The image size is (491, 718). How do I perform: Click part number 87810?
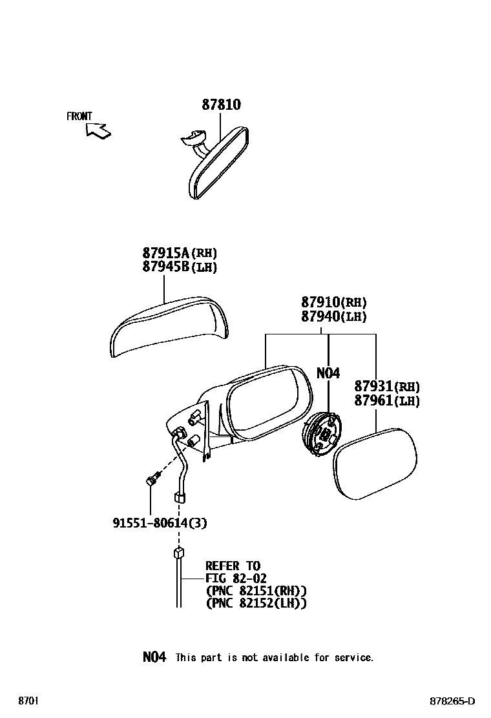(x=221, y=105)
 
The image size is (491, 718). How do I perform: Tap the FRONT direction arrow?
(x=98, y=130)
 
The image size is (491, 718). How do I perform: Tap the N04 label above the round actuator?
(x=328, y=373)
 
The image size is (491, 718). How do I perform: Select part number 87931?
(x=375, y=387)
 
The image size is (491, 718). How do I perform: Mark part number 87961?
(x=375, y=401)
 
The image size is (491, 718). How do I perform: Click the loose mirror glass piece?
(x=375, y=463)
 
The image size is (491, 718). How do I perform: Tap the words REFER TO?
(x=233, y=566)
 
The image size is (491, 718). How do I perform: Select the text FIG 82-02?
(x=236, y=579)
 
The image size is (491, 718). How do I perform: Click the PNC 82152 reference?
(x=256, y=603)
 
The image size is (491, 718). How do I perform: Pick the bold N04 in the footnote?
(x=154, y=657)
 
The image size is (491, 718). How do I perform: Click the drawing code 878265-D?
(x=453, y=701)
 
